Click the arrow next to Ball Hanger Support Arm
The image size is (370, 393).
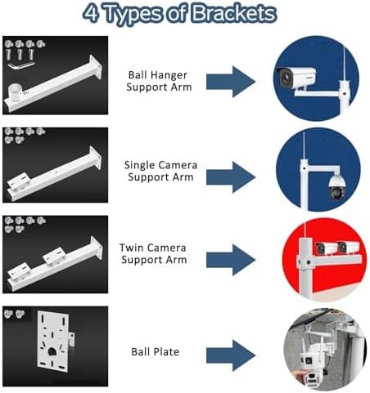click(232, 80)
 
